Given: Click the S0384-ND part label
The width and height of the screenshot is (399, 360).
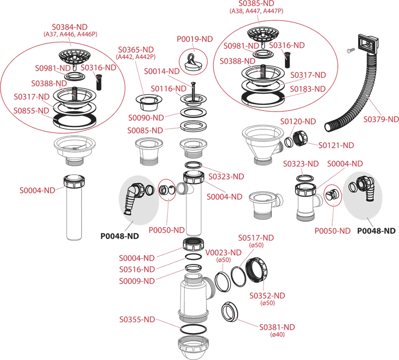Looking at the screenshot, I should (x=70, y=27).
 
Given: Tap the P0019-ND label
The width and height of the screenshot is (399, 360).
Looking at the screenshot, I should (x=195, y=39).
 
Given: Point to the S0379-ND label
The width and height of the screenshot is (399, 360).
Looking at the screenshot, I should (x=381, y=119).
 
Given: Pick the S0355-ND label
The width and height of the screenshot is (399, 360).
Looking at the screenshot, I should (x=137, y=320).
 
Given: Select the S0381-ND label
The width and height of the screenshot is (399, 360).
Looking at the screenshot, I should (x=277, y=327).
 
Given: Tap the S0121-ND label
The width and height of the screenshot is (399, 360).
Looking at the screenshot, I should (x=336, y=145).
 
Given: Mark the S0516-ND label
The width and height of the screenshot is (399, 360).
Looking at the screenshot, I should (x=137, y=269).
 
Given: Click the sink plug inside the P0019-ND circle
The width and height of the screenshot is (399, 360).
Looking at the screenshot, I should (x=194, y=61).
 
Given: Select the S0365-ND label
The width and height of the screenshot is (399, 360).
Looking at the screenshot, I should (x=136, y=49).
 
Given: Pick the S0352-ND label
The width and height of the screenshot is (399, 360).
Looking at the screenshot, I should (x=267, y=295).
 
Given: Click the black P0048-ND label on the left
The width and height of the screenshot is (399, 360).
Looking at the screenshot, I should (x=120, y=236).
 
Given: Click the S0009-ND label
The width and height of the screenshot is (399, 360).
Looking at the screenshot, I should (x=137, y=281).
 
